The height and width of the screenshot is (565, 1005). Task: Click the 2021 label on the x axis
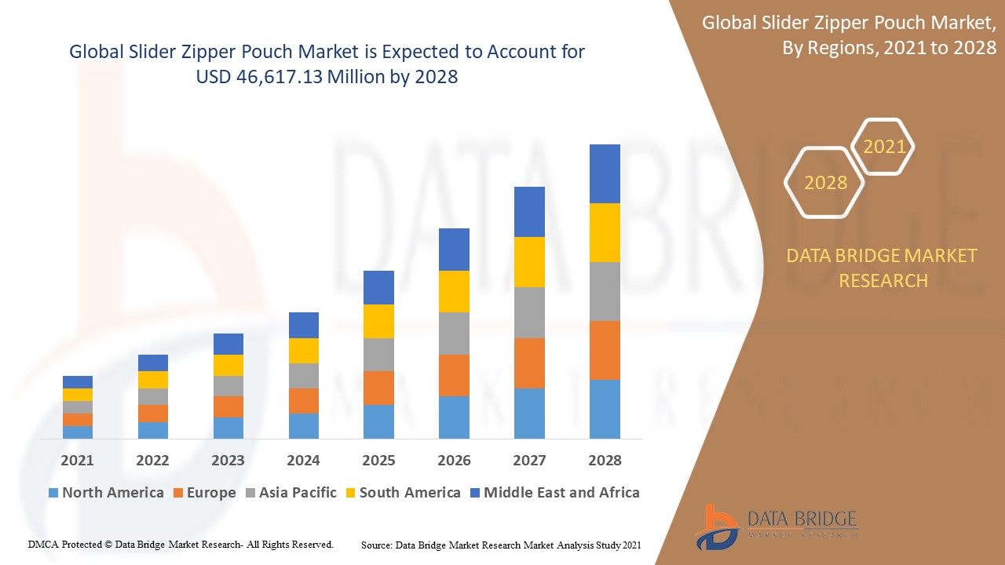(77, 460)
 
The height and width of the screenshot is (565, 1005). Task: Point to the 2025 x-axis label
(378, 460)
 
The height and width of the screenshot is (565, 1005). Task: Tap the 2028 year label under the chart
(605, 460)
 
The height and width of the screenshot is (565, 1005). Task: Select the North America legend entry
(106, 493)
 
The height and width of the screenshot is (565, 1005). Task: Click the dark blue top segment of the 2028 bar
(605, 173)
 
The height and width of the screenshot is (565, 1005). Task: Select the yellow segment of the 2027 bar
(529, 261)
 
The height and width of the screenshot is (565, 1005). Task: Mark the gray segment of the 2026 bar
(454, 334)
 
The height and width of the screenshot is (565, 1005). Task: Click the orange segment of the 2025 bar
(378, 388)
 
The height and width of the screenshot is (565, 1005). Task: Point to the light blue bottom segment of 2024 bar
(303, 425)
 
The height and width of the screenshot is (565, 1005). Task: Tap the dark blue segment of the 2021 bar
(77, 382)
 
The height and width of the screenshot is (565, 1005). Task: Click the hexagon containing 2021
(883, 147)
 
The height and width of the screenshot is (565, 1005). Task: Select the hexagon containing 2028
(824, 183)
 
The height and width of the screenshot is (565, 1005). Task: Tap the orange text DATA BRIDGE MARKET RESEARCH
(883, 268)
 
